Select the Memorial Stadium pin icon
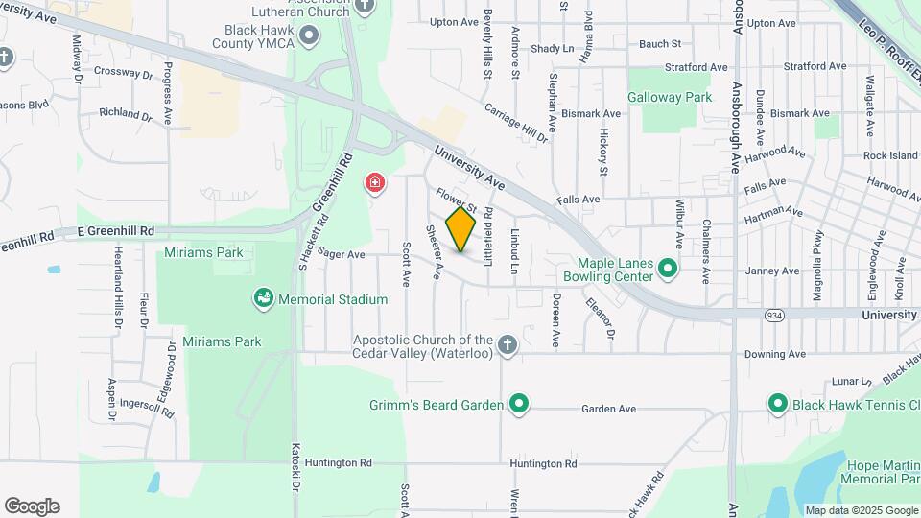point(263,299)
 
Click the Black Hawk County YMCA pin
point(309,37)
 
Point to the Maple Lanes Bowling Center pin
point(669,270)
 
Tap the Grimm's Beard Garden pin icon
point(519,404)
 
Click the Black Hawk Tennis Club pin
point(778,404)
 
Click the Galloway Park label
point(670,97)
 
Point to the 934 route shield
point(773,315)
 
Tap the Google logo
point(32,506)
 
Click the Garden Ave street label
point(608,410)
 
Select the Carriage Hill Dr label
point(516,123)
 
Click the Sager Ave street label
point(342,254)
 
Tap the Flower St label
point(456,200)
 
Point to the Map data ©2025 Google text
point(861,510)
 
